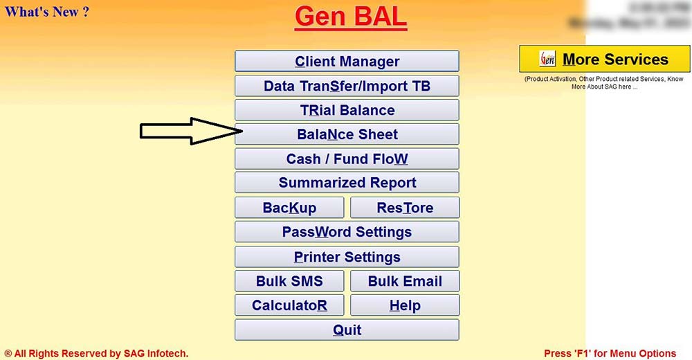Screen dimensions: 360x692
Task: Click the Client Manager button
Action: click(347, 62)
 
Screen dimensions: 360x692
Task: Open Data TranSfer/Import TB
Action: click(347, 86)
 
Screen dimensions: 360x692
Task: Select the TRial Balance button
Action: click(347, 110)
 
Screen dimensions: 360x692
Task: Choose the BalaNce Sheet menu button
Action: click(347, 134)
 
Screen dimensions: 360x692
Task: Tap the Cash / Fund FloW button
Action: click(347, 159)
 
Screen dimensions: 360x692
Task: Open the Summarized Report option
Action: click(347, 183)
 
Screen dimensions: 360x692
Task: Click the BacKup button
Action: click(289, 208)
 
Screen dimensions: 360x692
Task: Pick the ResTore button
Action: click(405, 208)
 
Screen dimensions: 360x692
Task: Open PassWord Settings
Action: click(347, 232)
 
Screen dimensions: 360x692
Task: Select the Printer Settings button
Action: click(347, 257)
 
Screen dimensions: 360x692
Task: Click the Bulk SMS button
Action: click(289, 281)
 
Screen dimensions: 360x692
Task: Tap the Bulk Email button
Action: click(405, 281)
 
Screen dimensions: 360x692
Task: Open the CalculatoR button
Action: click(289, 305)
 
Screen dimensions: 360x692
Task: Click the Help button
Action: click(405, 305)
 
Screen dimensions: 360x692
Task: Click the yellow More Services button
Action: click(605, 60)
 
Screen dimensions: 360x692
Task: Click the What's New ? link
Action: click(47, 12)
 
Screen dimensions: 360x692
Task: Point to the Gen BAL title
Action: click(350, 17)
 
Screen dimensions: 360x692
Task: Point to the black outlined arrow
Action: click(190, 131)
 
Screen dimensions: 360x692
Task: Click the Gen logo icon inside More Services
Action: click(547, 60)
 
